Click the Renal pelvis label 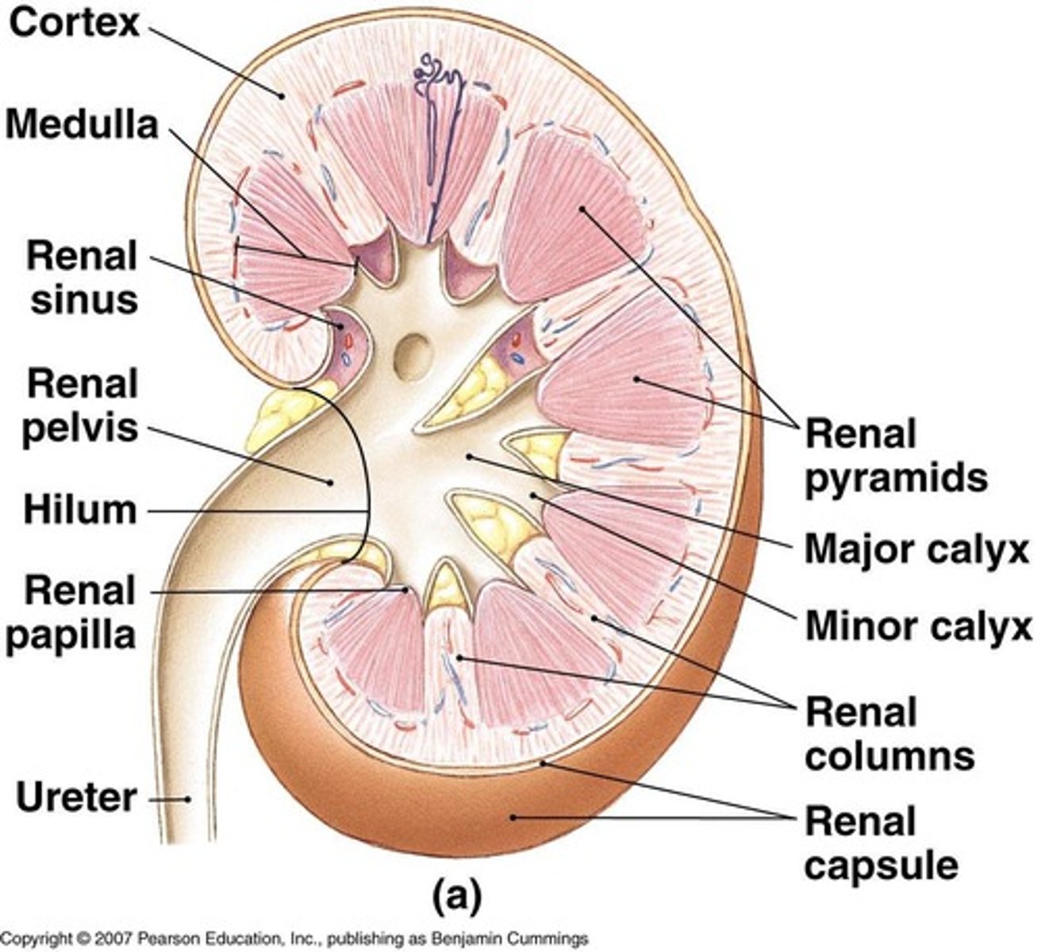click(79, 406)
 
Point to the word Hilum click(79, 510)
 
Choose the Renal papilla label click(79, 613)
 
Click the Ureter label click(76, 798)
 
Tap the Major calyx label click(916, 549)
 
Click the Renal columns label click(889, 734)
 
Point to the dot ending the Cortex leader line click(282, 96)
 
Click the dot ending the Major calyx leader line click(469, 456)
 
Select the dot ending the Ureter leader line click(188, 799)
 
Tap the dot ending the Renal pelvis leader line click(328, 481)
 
